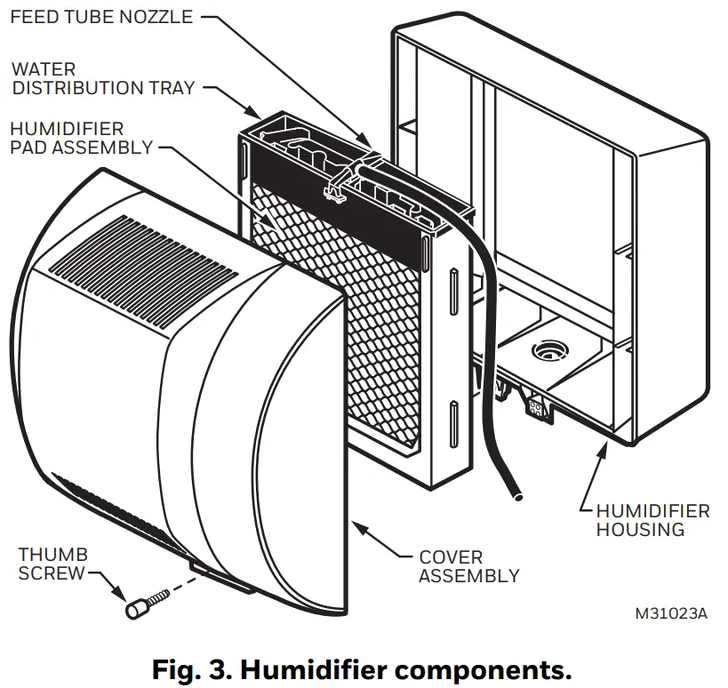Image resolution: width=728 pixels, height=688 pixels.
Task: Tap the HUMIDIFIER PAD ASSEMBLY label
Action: (x=81, y=138)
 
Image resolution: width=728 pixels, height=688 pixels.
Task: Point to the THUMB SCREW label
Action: (x=52, y=564)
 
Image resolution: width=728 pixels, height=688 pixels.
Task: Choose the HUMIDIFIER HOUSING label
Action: (x=652, y=520)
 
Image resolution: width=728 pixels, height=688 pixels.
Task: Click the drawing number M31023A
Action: (x=671, y=614)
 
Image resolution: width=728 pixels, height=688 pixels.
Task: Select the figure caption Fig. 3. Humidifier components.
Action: (x=363, y=667)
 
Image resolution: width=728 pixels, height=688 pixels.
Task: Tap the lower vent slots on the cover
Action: (x=116, y=507)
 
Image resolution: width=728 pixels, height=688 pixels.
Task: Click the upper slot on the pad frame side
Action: (x=454, y=284)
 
